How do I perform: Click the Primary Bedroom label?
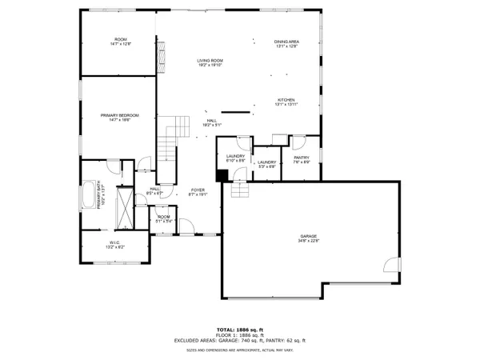120,118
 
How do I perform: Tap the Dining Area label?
286,44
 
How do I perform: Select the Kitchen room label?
286,102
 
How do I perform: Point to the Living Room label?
210,62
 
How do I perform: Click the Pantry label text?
302,160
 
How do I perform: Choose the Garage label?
309,238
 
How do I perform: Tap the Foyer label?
198,192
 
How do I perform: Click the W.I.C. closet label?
114,244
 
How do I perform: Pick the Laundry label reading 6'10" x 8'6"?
235,158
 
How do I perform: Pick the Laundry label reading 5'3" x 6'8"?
266,165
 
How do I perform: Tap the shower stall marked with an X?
126,205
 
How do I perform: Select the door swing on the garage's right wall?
390,266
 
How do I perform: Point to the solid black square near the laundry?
222,175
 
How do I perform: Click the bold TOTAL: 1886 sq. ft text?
239,330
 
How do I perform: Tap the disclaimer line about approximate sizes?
239,350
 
